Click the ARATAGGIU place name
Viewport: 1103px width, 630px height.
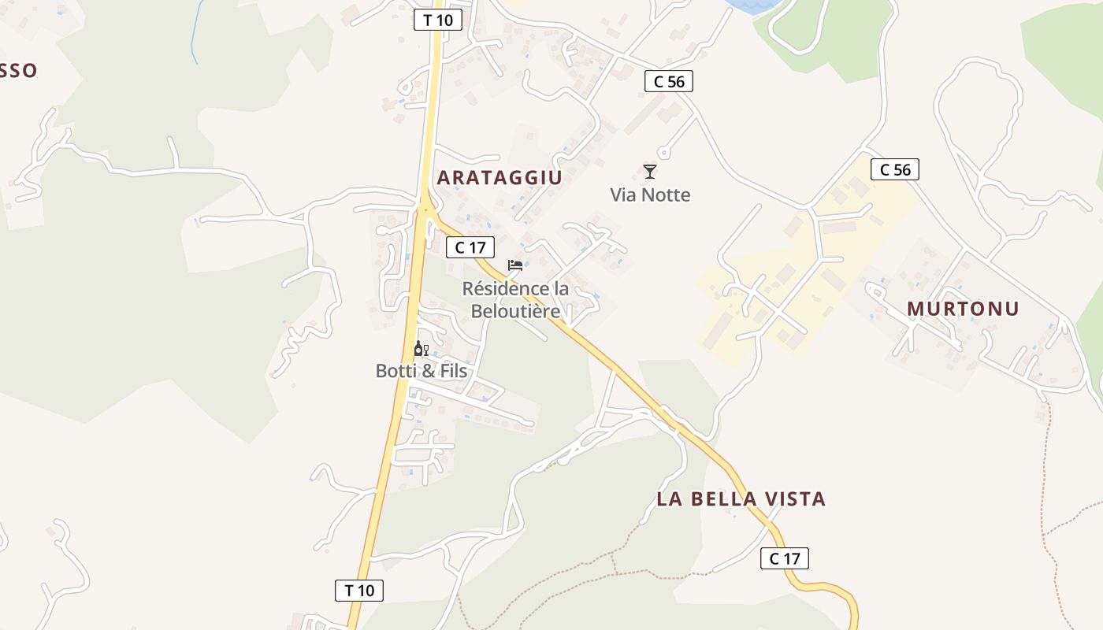click(500, 177)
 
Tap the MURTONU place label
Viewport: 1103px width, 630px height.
click(963, 309)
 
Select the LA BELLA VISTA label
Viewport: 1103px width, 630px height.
click(741, 498)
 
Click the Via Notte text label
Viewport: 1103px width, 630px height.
click(650, 195)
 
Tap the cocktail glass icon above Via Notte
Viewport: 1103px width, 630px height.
click(650, 171)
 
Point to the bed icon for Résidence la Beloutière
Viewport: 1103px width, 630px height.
click(515, 265)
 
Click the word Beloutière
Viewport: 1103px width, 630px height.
click(515, 311)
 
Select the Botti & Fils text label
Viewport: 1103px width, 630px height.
click(421, 371)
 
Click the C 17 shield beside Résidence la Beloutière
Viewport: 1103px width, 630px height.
click(470, 247)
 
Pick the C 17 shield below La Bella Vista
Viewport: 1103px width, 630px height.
click(785, 558)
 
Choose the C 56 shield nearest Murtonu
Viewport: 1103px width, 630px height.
click(895, 169)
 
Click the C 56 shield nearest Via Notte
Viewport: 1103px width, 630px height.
click(669, 80)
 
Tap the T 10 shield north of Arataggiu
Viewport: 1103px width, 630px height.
click(438, 20)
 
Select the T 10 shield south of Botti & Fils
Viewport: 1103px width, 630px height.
click(359, 590)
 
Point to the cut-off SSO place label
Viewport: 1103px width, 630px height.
click(17, 71)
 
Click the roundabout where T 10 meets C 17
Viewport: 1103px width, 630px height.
click(425, 209)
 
